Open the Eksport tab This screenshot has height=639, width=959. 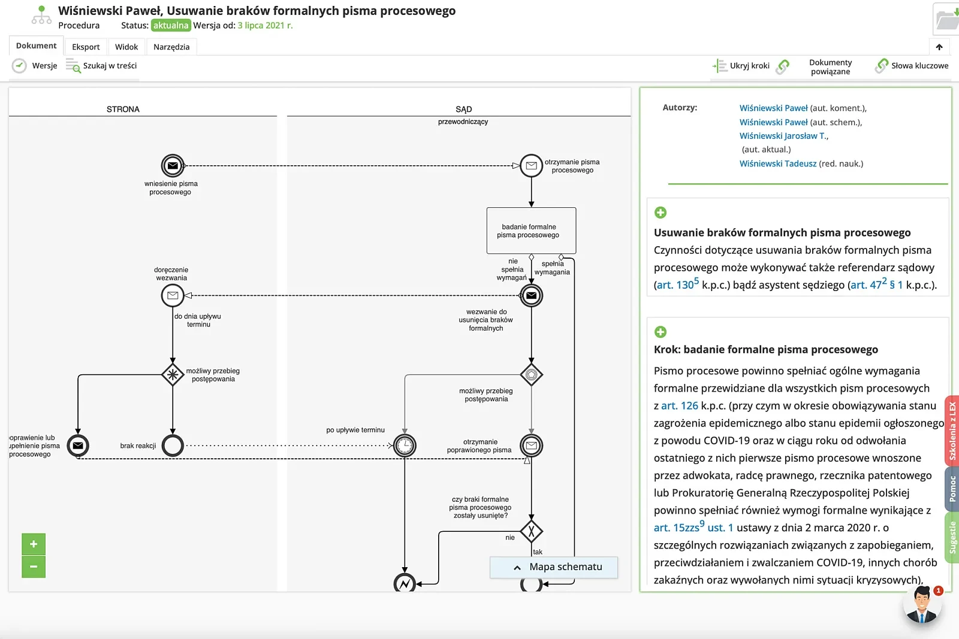86,47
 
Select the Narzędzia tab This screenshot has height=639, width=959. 171,47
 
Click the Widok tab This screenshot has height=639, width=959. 126,47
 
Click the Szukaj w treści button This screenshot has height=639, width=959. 101,66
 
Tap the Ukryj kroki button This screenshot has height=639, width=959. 741,66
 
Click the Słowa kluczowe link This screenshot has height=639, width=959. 912,66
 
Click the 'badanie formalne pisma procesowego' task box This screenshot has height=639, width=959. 531,231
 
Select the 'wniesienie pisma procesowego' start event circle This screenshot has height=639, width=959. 173,165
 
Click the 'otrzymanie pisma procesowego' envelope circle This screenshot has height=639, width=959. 531,165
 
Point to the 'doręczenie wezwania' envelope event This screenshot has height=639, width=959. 173,295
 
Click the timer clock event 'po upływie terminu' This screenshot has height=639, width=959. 405,446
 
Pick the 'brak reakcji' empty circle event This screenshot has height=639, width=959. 173,446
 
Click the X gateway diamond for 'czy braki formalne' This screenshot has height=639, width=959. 531,532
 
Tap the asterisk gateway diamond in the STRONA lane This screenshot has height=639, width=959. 173,375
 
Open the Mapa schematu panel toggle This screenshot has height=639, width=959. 554,567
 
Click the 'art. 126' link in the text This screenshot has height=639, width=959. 680,405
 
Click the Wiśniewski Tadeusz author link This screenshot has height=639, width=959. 777,163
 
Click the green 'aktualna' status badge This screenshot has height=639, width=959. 171,25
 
